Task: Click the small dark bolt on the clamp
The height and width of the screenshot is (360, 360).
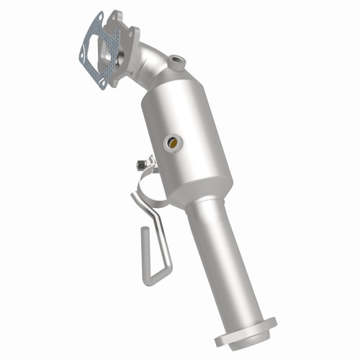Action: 138,165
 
